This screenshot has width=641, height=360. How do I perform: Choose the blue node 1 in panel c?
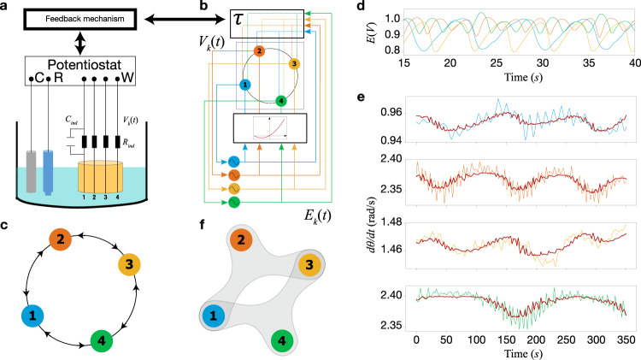click(31, 318)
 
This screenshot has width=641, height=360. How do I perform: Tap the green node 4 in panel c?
click(104, 344)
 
